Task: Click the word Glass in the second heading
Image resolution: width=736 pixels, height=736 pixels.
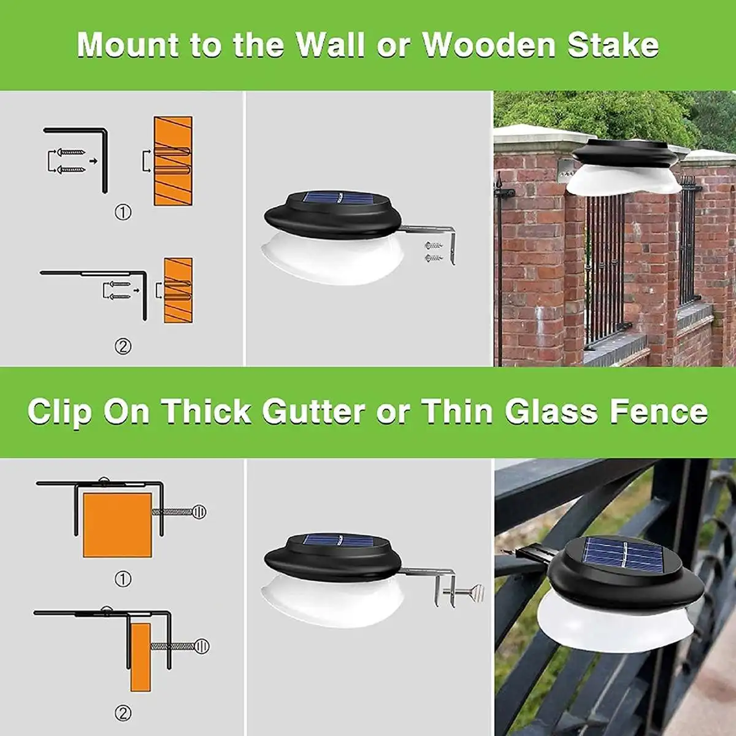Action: (x=551, y=412)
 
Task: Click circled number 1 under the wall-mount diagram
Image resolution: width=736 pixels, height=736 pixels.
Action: (x=123, y=212)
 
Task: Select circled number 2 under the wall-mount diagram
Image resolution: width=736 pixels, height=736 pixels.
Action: (x=123, y=347)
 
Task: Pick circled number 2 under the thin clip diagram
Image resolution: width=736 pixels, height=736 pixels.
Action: (x=123, y=713)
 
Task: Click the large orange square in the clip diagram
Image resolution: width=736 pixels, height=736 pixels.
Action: (x=118, y=525)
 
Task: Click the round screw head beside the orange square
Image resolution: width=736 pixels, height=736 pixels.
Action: (x=199, y=512)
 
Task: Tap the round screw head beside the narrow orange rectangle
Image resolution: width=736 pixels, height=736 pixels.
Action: (x=202, y=646)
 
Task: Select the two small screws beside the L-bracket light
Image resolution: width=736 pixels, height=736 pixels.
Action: (x=433, y=251)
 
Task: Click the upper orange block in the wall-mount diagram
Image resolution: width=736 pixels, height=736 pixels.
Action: (x=173, y=161)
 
